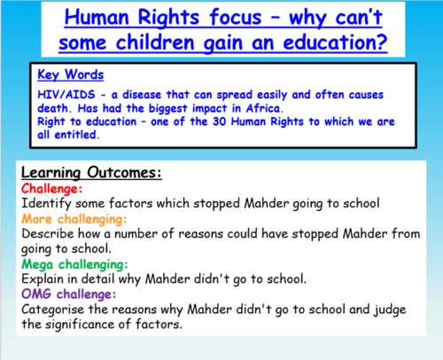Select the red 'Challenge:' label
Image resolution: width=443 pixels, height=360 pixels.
51,189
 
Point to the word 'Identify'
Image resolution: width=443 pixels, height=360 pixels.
47,204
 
